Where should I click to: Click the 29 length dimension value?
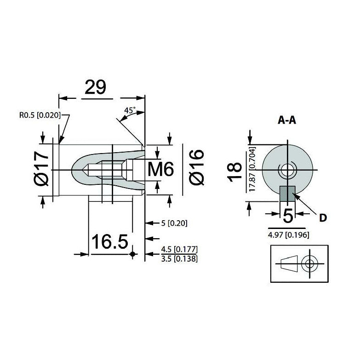(x=95, y=87)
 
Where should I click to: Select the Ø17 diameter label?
(x=43, y=171)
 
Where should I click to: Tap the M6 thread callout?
(x=161, y=171)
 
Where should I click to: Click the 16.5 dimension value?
(x=110, y=242)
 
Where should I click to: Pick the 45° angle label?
(x=130, y=111)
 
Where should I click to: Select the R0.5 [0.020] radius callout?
(x=40, y=115)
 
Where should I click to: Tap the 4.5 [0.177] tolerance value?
(x=179, y=249)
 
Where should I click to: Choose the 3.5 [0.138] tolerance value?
(x=179, y=258)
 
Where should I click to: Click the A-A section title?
(x=287, y=120)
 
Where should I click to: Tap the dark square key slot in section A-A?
(x=287, y=194)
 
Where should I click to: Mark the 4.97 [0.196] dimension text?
(x=288, y=234)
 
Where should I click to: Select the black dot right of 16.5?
(x=133, y=254)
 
